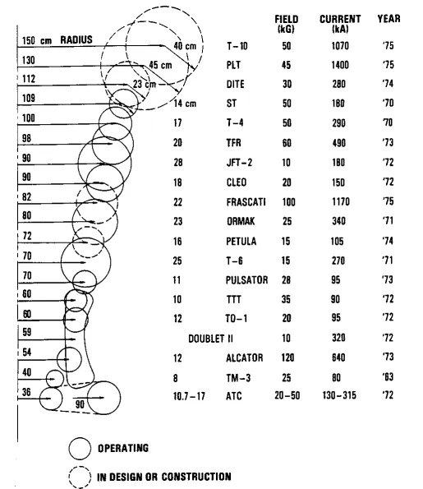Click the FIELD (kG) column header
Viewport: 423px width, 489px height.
(286, 24)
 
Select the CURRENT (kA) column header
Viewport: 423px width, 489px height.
(340, 24)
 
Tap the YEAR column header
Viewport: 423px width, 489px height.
(389, 19)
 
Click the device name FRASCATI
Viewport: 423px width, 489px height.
(246, 202)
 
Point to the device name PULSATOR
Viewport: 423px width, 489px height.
(246, 280)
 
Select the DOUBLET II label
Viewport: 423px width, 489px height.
(210, 339)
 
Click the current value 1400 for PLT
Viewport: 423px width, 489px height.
(340, 65)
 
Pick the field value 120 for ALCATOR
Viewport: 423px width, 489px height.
(287, 358)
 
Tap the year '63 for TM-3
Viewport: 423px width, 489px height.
(388, 377)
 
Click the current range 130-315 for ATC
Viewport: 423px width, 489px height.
(339, 395)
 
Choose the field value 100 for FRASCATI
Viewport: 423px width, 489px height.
(288, 202)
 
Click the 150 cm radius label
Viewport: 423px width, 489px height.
(37, 40)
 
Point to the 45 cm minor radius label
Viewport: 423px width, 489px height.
(160, 65)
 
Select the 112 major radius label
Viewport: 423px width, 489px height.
(29, 79)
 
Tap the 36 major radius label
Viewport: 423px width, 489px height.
(26, 392)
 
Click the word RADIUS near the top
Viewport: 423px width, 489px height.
(76, 40)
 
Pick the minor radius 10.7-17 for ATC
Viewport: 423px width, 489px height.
(189, 396)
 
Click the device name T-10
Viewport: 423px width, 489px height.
(237, 46)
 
